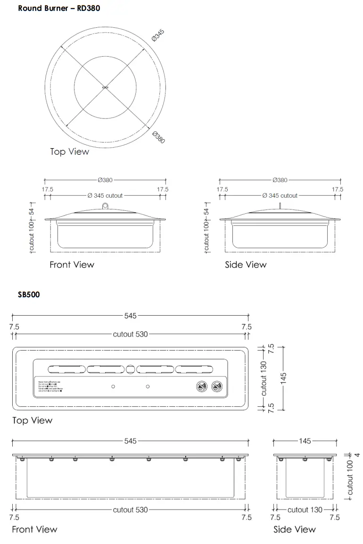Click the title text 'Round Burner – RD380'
coord(59,8)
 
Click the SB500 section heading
coord(29,294)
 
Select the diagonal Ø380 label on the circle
coord(158,137)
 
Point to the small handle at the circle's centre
coord(105,87)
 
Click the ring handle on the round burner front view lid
coord(105,205)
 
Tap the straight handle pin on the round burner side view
coord(280,205)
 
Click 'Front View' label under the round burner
coord(72,265)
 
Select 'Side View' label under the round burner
coord(246,265)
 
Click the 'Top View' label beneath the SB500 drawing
coord(32,420)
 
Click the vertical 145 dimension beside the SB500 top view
coord(283,377)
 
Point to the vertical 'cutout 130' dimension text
coord(264,377)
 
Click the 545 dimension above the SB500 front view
coord(131,441)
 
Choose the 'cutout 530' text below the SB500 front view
coord(131,510)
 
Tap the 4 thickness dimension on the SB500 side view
coord(357,455)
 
